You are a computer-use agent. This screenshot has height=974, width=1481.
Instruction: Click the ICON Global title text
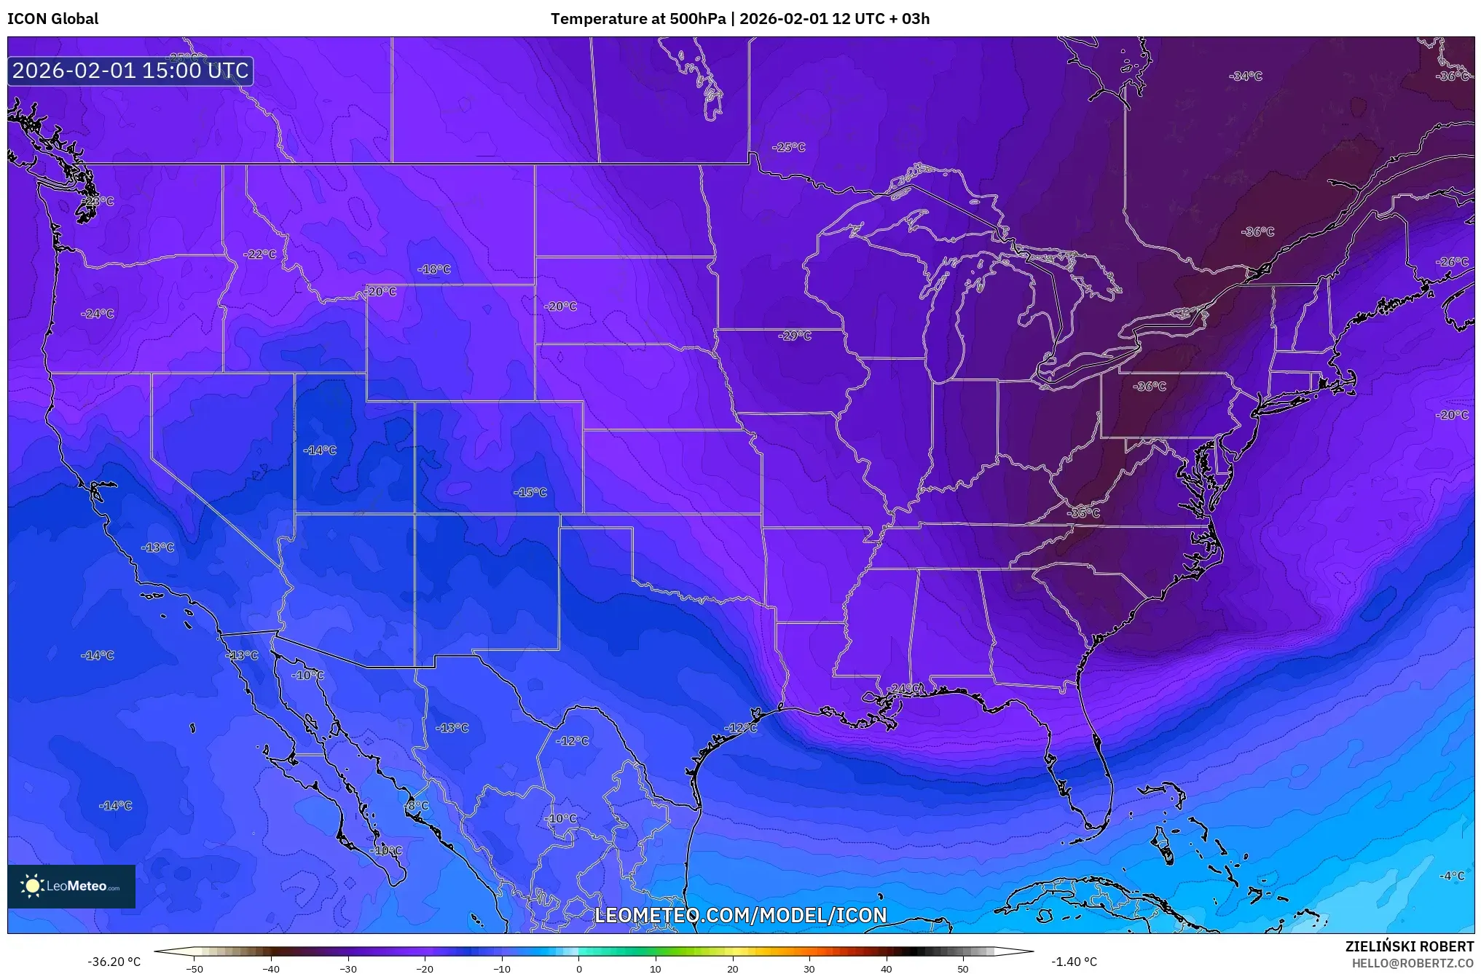52,19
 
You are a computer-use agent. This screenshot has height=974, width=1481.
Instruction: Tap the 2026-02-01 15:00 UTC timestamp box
130,71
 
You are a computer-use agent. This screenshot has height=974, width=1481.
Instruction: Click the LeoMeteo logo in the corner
71,886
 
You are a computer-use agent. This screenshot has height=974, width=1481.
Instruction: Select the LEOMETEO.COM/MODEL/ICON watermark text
741,915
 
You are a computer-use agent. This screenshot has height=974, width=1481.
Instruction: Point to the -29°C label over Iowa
794,336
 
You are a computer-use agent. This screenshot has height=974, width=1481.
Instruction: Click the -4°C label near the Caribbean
1451,876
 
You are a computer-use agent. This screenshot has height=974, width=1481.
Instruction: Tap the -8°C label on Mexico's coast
417,805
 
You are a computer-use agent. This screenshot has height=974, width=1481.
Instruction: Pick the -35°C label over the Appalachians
1083,512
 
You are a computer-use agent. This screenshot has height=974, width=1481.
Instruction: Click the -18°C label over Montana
434,269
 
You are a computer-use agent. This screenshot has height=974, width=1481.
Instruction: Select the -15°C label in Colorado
530,492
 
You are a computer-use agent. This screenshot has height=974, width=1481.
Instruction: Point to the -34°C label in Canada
1245,76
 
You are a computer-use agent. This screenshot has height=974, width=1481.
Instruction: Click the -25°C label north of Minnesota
789,147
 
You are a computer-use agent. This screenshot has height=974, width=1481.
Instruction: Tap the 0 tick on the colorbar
579,968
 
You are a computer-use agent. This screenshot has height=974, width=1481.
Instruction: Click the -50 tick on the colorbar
195,968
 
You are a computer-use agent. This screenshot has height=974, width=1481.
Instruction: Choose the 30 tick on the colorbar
809,968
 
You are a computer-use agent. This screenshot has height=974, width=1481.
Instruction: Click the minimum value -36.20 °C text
114,962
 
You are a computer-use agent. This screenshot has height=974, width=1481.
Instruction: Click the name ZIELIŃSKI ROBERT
1409,946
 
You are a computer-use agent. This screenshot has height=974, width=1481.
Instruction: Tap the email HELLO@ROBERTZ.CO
1412,963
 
